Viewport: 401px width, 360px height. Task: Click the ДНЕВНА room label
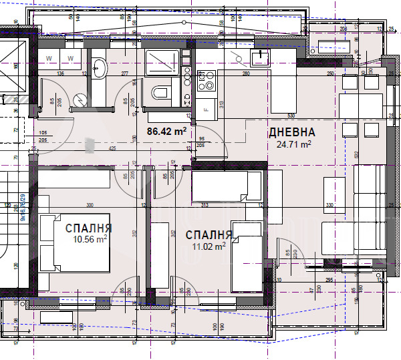[x=291, y=132]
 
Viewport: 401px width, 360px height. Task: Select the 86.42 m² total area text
[x=166, y=132]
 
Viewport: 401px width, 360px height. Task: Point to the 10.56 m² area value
[x=90, y=239]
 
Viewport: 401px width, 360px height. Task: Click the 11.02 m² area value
[x=208, y=246]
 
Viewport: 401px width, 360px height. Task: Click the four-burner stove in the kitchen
[x=207, y=80]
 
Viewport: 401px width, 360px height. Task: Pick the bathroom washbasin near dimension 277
[x=99, y=67]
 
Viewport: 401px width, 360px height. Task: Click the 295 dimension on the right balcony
[x=329, y=280]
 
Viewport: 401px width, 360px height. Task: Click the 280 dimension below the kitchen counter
[x=245, y=73]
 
